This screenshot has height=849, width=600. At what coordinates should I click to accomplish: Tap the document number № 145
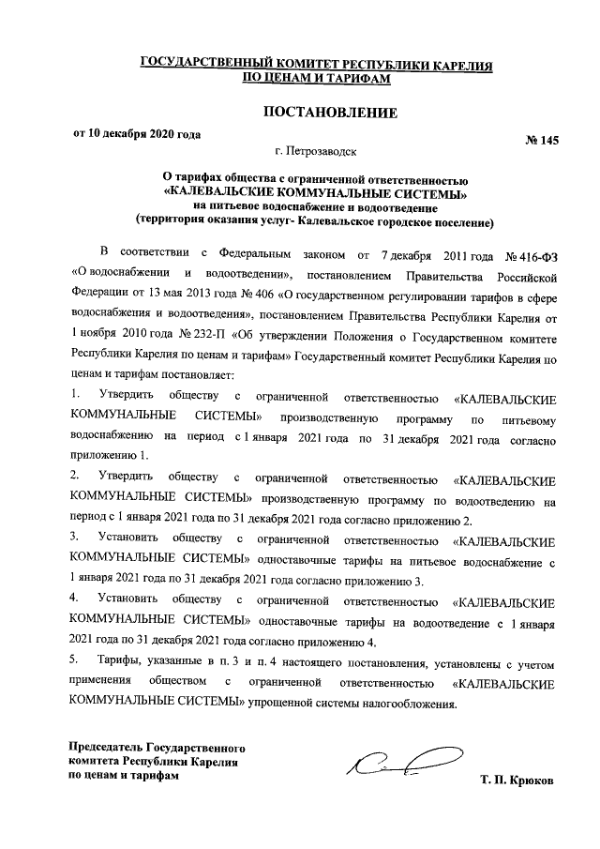click(541, 140)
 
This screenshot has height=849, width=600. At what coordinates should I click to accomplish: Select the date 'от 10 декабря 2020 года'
click(137, 133)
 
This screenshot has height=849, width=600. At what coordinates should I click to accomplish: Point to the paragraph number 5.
click(74, 660)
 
